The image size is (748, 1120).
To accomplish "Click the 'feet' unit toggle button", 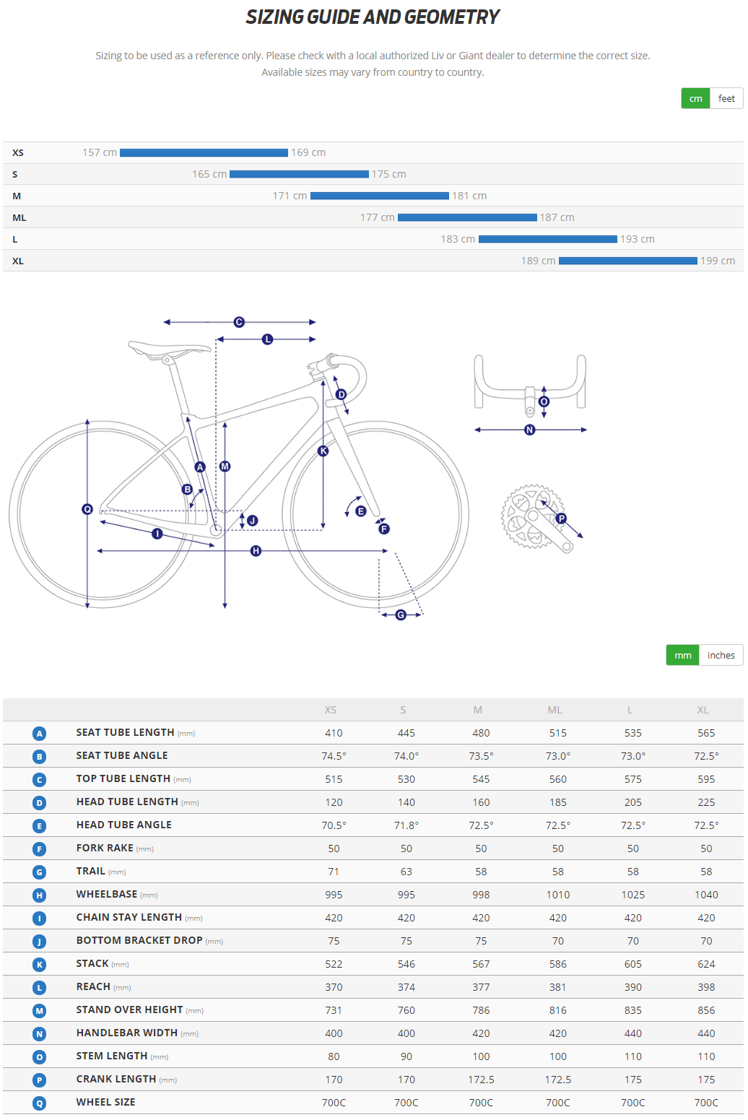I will click(726, 98).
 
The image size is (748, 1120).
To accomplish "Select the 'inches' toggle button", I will click(721, 655).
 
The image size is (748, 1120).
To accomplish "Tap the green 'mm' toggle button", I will click(682, 655).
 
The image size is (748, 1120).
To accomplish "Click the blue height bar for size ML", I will click(467, 217).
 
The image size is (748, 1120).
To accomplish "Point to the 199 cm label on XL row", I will click(717, 261).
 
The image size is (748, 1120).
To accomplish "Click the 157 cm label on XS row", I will click(100, 152).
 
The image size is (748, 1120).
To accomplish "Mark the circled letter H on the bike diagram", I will click(256, 551).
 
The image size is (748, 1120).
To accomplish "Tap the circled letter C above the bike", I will click(239, 322).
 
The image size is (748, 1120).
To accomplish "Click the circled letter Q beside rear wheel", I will click(87, 509).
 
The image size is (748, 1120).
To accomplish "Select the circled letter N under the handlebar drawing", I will click(530, 430).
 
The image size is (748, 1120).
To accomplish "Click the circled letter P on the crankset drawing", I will click(561, 518).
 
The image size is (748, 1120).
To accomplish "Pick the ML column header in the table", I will click(555, 710).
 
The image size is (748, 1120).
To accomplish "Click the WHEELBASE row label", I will click(107, 894).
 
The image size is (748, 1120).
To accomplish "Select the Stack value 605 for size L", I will click(632, 964).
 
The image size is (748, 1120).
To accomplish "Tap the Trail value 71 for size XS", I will click(334, 872).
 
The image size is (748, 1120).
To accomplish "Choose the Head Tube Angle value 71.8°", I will click(406, 825).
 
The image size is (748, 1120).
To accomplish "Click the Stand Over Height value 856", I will click(706, 1010).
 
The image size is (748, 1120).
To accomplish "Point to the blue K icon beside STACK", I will click(40, 965).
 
